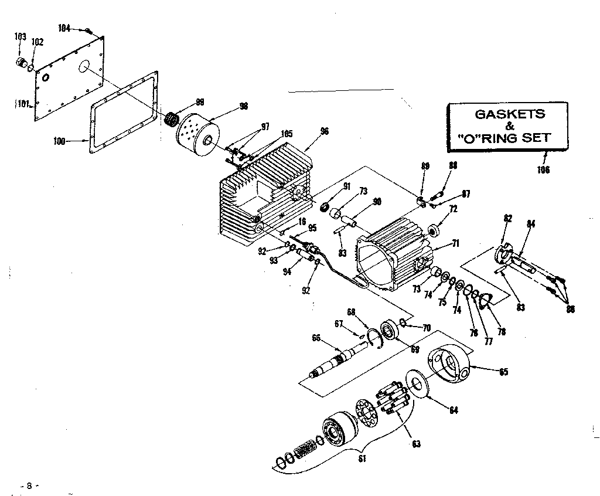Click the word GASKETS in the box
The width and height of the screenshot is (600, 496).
pos(509,114)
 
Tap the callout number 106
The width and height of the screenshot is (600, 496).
pos(544,170)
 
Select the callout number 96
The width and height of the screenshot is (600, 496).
pos(325,131)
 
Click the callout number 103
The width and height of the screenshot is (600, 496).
pos(20,36)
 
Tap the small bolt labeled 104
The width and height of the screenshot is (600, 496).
pos(88,30)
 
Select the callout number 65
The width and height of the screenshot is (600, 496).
pos(502,372)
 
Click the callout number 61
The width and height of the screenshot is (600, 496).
pos(362,458)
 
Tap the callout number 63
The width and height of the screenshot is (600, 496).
pos(416,444)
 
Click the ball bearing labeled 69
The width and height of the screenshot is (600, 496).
pos(389,329)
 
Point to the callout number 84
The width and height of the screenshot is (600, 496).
pos(531,223)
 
